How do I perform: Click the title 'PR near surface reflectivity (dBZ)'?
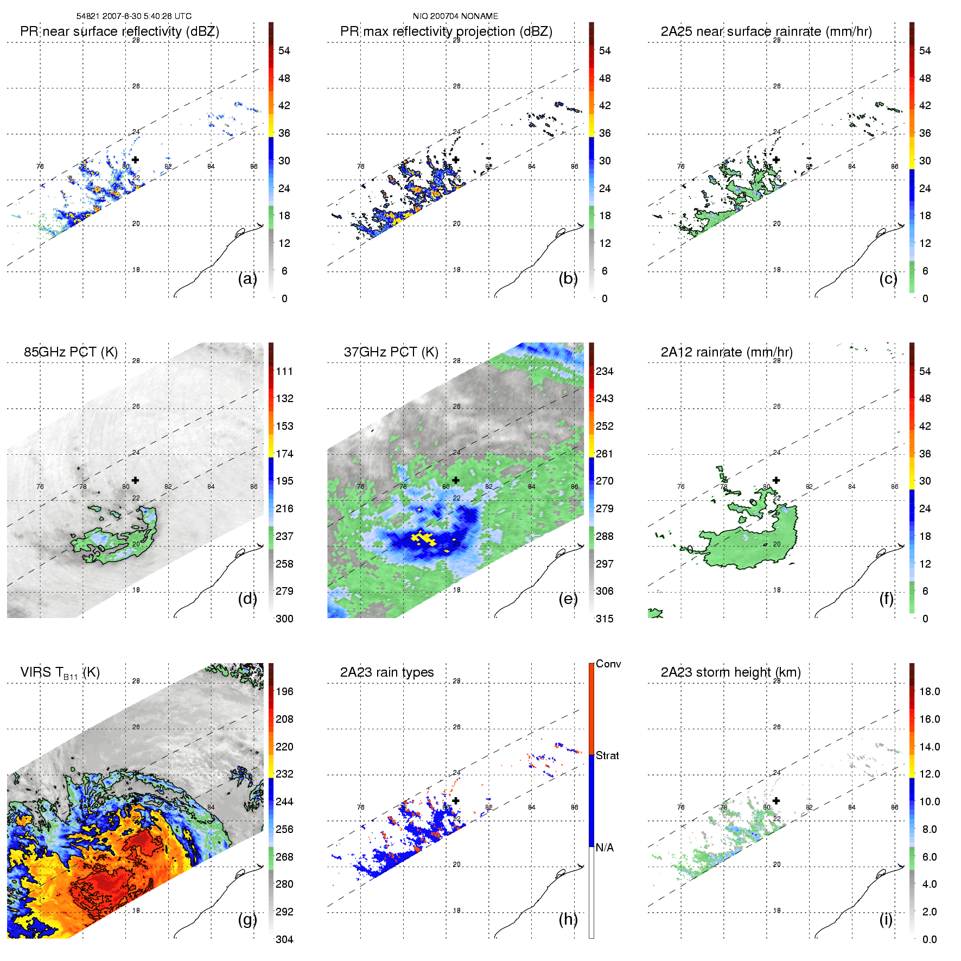(119, 31)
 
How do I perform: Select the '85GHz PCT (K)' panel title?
(71, 352)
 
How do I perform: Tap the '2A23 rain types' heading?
(387, 672)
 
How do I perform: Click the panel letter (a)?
(247, 279)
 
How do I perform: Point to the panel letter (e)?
(568, 599)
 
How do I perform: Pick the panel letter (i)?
(886, 919)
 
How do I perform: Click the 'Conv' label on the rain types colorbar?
(608, 664)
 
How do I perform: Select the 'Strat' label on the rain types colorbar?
(607, 755)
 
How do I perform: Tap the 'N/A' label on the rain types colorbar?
(604, 848)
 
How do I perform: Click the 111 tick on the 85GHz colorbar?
(284, 372)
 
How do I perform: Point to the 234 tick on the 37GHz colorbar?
(604, 372)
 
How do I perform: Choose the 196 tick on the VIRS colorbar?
(284, 692)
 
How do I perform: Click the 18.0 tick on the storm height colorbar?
(929, 692)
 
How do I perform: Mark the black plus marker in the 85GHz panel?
(135, 480)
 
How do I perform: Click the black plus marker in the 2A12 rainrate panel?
(777, 480)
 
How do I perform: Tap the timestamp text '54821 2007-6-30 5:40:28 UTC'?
(134, 16)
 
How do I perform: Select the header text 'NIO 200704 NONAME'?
(455, 16)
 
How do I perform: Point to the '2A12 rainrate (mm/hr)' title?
(727, 352)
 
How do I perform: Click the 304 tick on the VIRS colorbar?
(284, 939)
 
